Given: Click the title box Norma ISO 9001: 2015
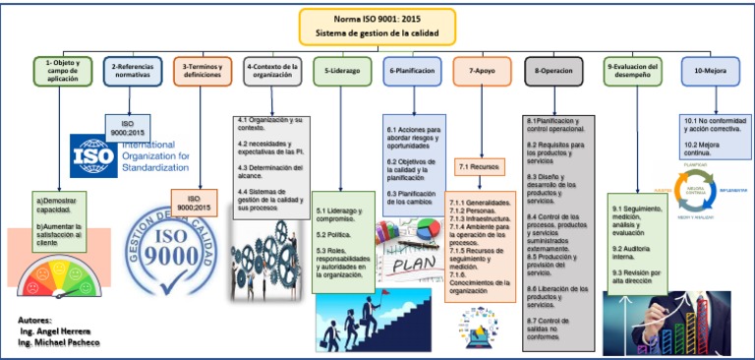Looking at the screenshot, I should click(377, 27).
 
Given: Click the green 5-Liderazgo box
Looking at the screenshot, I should click(342, 71).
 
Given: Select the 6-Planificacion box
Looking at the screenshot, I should click(413, 71).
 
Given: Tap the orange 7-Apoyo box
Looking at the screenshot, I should click(483, 71).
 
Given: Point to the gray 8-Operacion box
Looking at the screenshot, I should click(553, 71).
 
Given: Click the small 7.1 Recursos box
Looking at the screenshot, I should click(482, 167).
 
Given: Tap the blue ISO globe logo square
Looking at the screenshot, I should click(93, 155).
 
